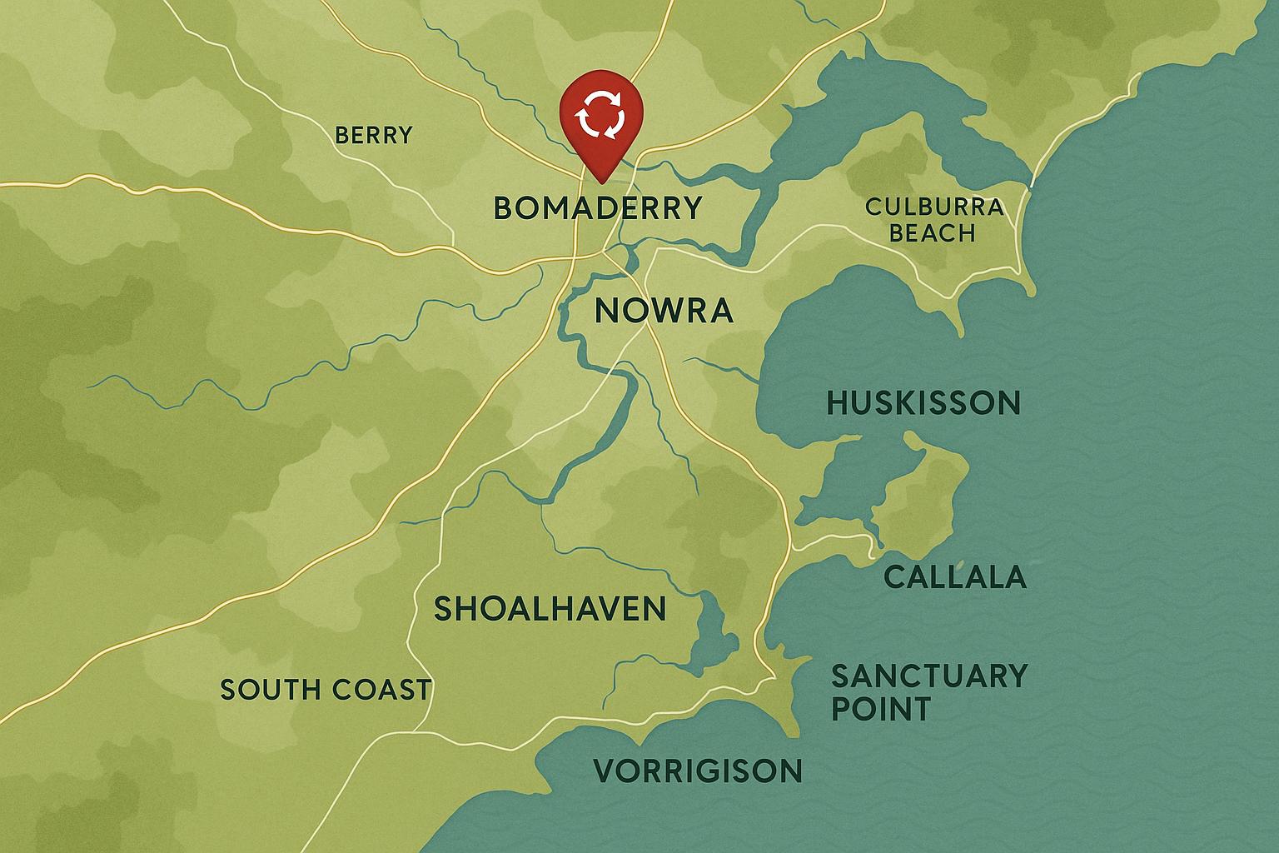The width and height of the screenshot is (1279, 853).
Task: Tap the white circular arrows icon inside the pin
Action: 602,115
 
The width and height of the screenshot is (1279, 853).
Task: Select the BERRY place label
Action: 373,135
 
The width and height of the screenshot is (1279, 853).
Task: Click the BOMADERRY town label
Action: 597,207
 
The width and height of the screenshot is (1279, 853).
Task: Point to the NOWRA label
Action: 664,312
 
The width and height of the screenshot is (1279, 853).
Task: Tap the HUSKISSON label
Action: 923,404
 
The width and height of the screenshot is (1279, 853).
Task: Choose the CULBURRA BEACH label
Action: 933,219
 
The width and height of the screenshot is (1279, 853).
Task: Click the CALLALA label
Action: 954,576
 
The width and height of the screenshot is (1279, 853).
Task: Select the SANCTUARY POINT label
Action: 929,692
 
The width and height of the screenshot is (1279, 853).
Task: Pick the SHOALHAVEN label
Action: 550,609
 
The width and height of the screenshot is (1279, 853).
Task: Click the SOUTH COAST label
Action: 326,690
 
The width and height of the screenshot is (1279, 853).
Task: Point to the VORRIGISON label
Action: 698,771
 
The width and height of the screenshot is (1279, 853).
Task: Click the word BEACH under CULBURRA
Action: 933,232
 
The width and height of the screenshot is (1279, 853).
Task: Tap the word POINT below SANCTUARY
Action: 881,710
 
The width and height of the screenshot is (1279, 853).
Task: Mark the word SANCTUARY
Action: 929,676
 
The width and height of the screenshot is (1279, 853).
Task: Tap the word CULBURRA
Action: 933,207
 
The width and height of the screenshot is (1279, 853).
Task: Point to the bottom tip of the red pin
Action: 602,177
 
